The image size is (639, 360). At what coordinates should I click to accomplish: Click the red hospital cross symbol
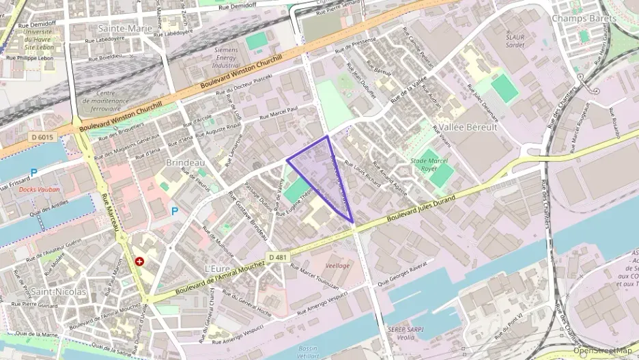click(139, 261)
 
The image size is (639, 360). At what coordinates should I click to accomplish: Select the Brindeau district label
click(186, 163)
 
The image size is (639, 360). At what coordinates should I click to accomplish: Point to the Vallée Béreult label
click(468, 127)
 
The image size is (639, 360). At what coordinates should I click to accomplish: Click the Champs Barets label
click(580, 18)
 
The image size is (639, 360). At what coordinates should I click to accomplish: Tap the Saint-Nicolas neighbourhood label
click(59, 292)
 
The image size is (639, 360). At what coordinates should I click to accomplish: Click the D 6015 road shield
click(42, 138)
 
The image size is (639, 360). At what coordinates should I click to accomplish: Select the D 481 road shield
click(278, 257)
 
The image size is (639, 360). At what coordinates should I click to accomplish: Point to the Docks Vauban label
click(40, 189)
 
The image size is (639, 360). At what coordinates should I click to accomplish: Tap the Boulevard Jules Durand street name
click(421, 206)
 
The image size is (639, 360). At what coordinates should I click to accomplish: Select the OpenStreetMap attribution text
click(602, 350)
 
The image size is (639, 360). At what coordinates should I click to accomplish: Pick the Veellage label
click(337, 265)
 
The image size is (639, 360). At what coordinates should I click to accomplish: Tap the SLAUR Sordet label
click(515, 41)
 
